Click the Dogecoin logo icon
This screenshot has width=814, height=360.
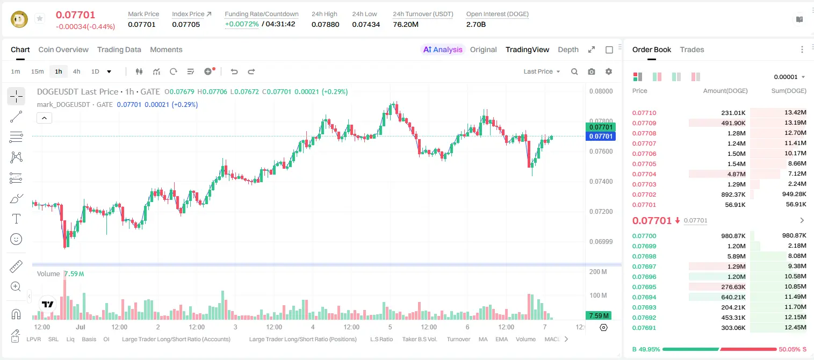(x=19, y=19)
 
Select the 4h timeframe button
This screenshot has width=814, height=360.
(x=76, y=71)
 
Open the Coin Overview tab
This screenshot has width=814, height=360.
(x=63, y=49)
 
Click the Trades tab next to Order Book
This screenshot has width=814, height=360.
(x=692, y=49)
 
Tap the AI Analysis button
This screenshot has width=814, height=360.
(x=443, y=49)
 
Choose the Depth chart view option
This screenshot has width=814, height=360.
(x=568, y=49)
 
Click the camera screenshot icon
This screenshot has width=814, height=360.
(x=592, y=71)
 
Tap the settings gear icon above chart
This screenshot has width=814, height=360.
(x=609, y=71)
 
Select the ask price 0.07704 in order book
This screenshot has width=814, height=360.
(x=644, y=174)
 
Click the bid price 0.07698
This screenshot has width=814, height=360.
(x=644, y=256)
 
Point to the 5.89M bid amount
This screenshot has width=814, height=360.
(x=736, y=256)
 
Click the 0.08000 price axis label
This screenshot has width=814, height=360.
(x=601, y=91)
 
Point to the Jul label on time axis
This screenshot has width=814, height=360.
(x=80, y=327)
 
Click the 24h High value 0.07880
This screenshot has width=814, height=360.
(x=325, y=24)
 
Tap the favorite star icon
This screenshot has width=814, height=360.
(x=40, y=18)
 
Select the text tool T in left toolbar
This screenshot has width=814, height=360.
(x=16, y=219)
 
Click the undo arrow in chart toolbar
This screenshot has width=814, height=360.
(x=234, y=71)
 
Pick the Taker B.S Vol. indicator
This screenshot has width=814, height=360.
(x=419, y=339)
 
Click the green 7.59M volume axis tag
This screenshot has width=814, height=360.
(x=599, y=315)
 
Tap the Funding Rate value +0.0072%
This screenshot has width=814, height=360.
(x=242, y=24)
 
